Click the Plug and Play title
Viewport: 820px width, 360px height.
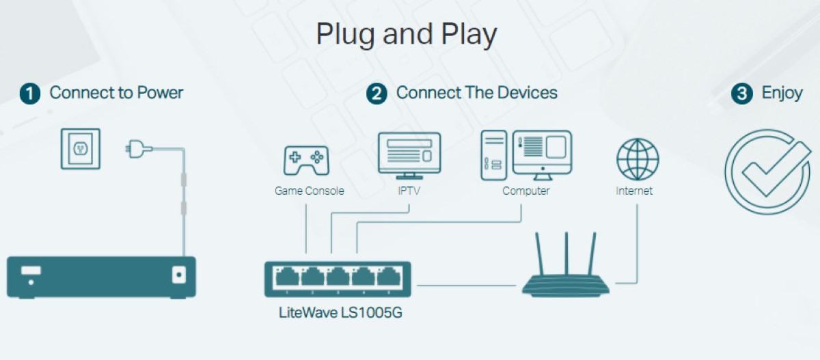[x=406, y=34]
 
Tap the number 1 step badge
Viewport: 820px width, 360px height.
[x=30, y=94]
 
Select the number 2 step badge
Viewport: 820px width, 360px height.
[x=377, y=94]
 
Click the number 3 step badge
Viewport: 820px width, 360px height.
[x=742, y=94]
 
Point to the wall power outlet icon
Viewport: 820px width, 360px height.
[x=80, y=148]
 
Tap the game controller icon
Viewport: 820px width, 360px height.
[x=305, y=160]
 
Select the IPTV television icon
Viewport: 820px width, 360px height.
[x=409, y=155]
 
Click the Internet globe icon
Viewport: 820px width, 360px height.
[x=637, y=159]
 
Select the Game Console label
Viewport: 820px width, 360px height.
[x=309, y=191]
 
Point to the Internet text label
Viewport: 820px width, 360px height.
[x=634, y=191]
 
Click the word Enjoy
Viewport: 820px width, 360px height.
[x=782, y=93]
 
